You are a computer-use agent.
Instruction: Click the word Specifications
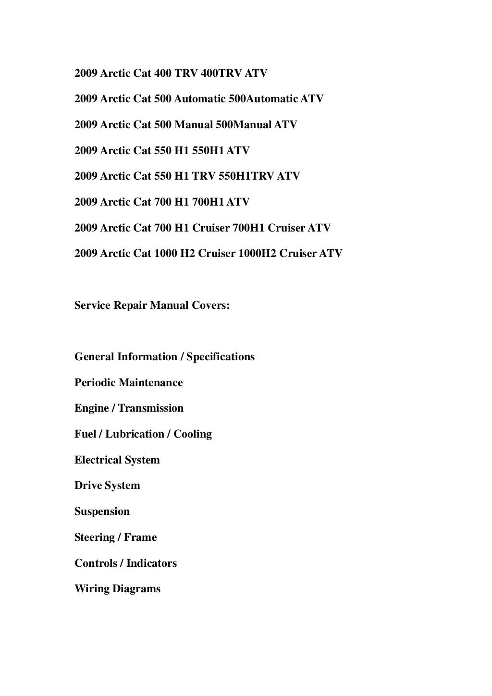click(x=221, y=357)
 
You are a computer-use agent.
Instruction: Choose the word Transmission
click(x=151, y=408)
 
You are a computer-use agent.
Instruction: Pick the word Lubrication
click(x=135, y=434)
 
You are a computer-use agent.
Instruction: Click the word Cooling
click(x=193, y=434)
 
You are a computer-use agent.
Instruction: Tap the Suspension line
click(x=102, y=512)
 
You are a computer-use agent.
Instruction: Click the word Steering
click(x=95, y=537)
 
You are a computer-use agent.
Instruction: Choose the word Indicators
click(x=151, y=563)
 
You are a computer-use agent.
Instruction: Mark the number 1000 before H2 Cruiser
click(x=165, y=254)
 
